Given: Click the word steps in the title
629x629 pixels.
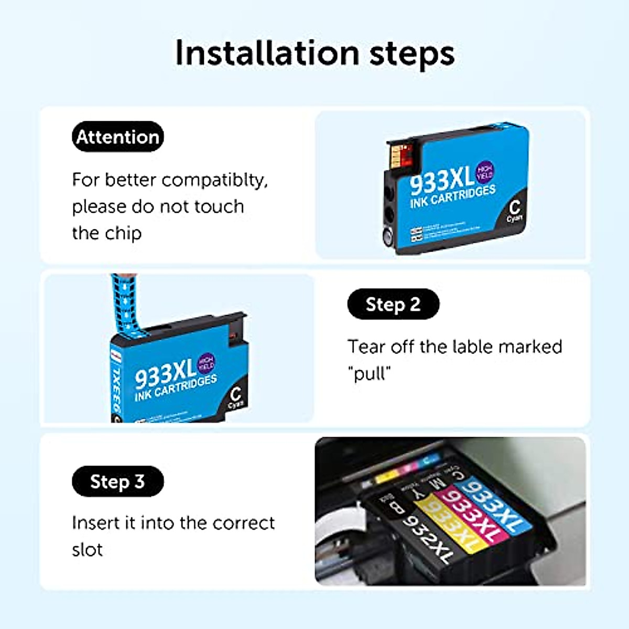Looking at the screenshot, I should pos(412,54).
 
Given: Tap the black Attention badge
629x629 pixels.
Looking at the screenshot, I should pos(118,137).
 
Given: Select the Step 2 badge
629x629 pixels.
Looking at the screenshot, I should pos(393,304).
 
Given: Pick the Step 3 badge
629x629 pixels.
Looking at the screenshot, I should pos(117,481).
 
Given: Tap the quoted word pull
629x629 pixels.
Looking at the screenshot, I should pos(370,374).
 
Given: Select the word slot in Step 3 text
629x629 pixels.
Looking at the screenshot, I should pos(87,550).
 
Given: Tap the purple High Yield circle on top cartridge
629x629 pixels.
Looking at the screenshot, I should pos(484,172).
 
